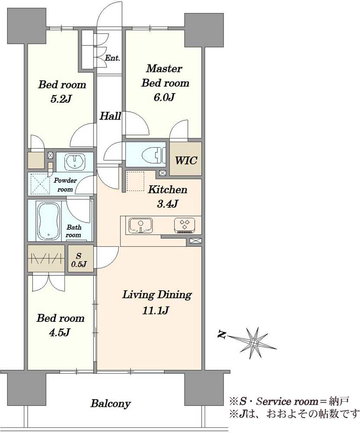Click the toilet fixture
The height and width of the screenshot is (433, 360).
tap(153, 155)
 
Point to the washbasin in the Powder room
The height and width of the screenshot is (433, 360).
tap(74, 162)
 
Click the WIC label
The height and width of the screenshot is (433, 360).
tap(186, 161)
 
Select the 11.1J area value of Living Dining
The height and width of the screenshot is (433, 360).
tap(155, 311)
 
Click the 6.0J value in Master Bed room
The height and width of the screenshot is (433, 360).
tap(164, 97)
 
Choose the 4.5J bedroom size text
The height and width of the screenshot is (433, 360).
tap(59, 333)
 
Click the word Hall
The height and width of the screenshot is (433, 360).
tap(110, 116)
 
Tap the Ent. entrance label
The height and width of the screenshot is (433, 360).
tap(112, 58)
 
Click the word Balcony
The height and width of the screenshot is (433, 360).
tap(111, 404)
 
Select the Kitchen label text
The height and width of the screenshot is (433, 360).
tap(168, 190)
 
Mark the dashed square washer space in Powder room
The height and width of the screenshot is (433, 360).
tap(40, 183)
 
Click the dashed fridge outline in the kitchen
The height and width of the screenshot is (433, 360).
tap(135, 181)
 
